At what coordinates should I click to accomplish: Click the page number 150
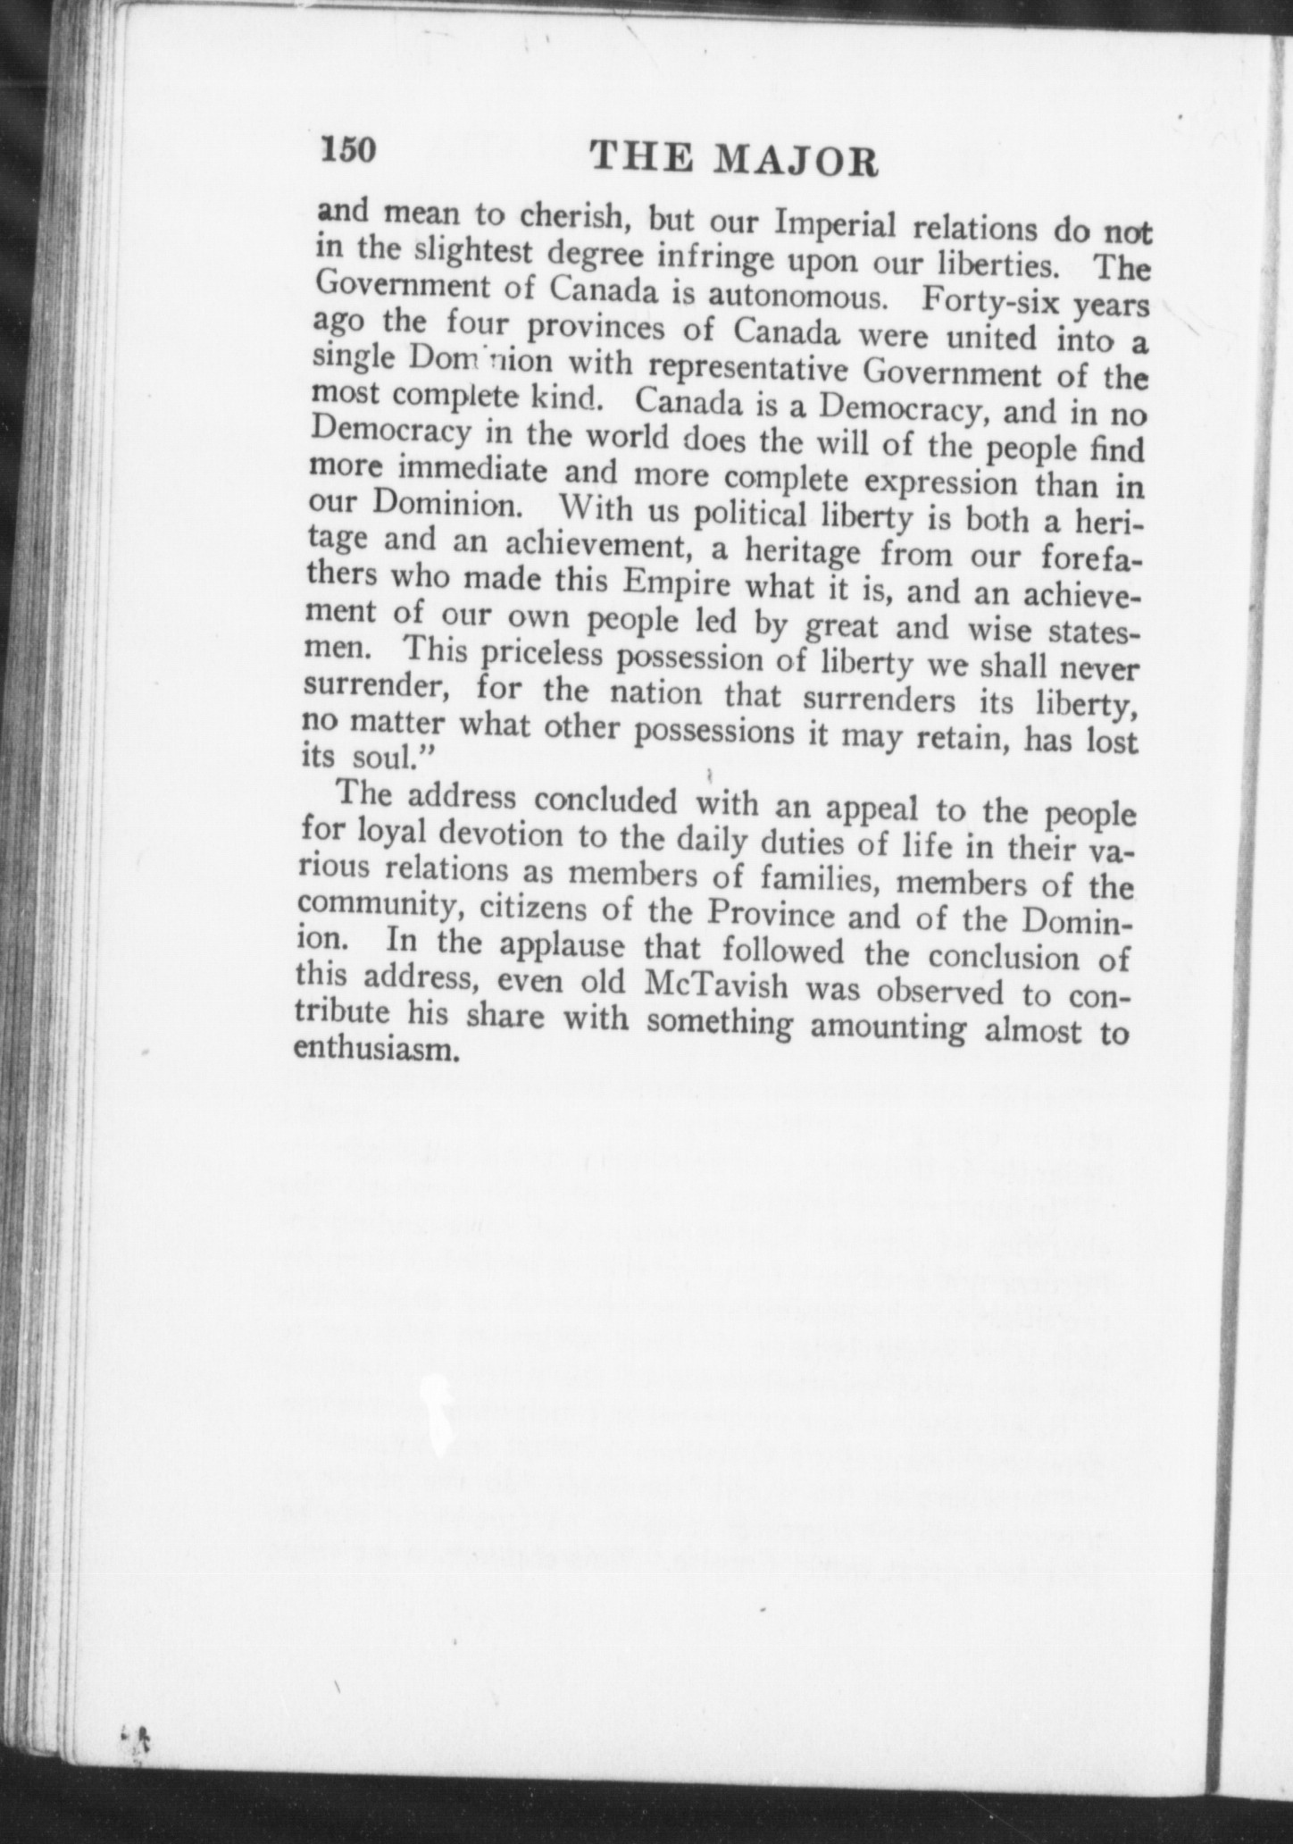[x=352, y=148]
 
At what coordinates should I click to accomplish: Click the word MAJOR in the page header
[x=798, y=161]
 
